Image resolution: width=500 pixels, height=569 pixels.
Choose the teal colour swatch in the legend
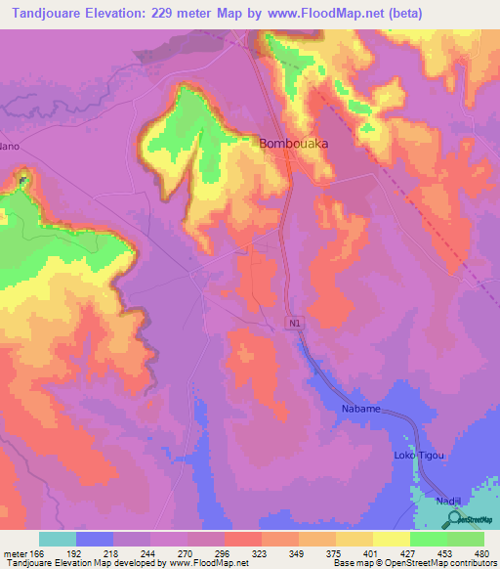pos(58,538)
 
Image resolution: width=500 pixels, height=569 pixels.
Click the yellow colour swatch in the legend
pos(391,538)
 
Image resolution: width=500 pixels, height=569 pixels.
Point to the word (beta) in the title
pos(472,14)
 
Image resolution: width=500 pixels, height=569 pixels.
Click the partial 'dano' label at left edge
pos(10,147)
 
